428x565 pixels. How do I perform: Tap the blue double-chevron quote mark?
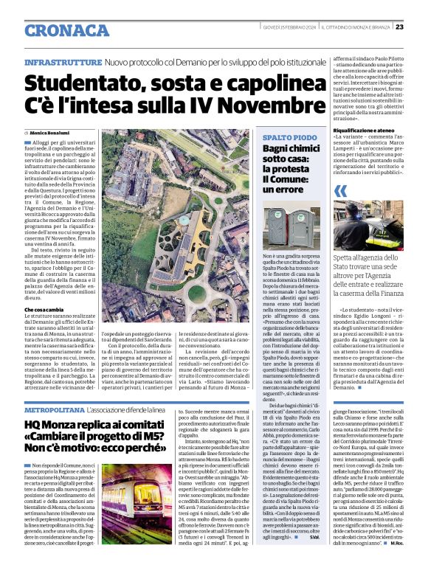click(340, 191)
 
